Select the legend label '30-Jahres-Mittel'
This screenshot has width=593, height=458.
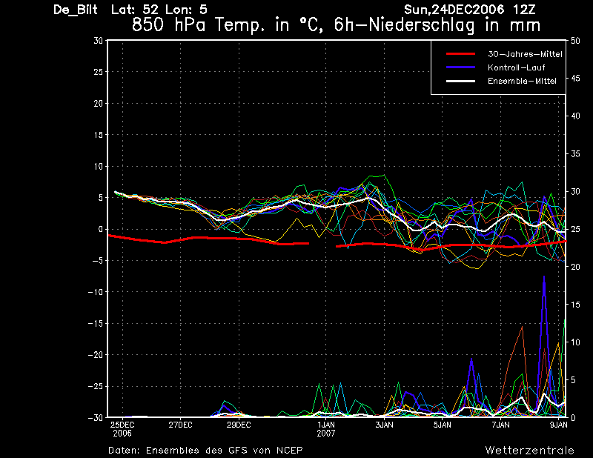click(x=525, y=54)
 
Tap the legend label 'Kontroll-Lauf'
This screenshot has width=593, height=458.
click(x=516, y=67)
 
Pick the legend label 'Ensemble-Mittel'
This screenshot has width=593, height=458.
click(x=522, y=81)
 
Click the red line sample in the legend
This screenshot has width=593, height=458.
click(x=460, y=54)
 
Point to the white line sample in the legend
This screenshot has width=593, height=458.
click(x=460, y=81)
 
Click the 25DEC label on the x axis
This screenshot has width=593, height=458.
click(x=122, y=425)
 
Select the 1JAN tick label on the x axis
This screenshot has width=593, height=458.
click(x=326, y=425)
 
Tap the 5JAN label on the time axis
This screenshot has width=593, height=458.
click(x=442, y=425)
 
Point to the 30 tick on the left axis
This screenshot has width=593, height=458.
click(x=98, y=40)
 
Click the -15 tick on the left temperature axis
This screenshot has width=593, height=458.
click(x=96, y=323)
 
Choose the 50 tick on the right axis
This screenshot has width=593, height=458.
click(x=575, y=41)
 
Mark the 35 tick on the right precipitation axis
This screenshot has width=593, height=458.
click(x=575, y=154)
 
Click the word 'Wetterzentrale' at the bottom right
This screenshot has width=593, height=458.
click(x=529, y=451)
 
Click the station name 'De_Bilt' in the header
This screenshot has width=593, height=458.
click(x=76, y=10)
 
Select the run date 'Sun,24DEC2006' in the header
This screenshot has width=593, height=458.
click(x=454, y=10)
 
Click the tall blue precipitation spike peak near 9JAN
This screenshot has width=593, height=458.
click(x=544, y=277)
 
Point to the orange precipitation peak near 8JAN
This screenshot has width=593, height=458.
click(x=523, y=327)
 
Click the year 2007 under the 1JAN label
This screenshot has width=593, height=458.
click(x=326, y=434)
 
